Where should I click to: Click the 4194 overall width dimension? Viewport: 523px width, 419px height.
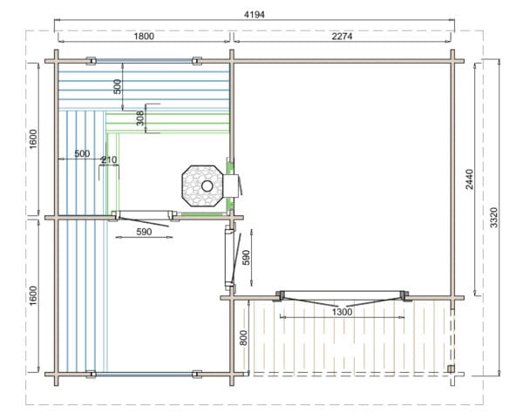[255, 15]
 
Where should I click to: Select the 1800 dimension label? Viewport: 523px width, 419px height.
[144, 36]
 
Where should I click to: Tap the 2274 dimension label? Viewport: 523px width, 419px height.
[342, 36]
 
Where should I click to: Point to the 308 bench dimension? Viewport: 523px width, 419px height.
[140, 118]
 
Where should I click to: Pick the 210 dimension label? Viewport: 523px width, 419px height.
[110, 160]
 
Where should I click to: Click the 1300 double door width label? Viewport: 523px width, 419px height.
[343, 312]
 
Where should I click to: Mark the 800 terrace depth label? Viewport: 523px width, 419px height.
[244, 338]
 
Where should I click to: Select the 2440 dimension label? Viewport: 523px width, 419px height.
[469, 179]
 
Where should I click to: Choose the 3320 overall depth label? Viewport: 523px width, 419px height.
[494, 217]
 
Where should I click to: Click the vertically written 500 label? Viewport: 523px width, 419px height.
[118, 86]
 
